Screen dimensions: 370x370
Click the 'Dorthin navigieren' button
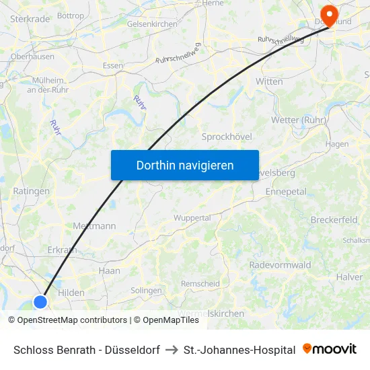point(184,165)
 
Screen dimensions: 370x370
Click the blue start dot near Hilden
point(40,301)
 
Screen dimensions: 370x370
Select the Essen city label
point(112,66)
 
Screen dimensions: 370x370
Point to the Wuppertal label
point(192,218)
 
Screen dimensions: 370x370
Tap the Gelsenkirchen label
point(152,24)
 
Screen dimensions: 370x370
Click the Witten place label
point(269,81)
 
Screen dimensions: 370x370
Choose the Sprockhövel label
point(227,137)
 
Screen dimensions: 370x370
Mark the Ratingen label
point(31,191)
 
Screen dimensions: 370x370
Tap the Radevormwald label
point(280,265)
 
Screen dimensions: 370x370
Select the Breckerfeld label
point(334,220)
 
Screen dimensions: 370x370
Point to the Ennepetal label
point(286,192)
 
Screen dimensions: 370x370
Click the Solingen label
point(146,291)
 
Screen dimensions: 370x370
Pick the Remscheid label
point(201,284)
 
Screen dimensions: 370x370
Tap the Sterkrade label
point(30,19)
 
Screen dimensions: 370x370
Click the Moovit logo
point(330,349)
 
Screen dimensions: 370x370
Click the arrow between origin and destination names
point(172,350)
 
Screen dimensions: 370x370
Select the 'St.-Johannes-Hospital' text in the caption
point(239,350)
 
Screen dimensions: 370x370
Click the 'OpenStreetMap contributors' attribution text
point(72,320)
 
